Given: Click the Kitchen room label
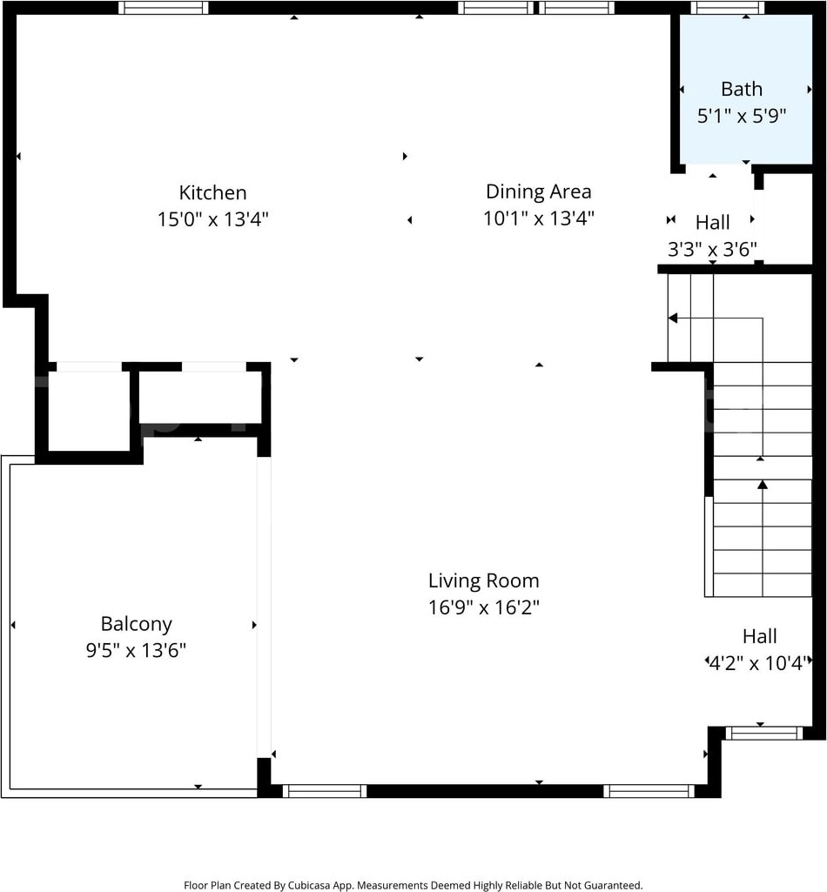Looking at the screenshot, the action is (x=213, y=193).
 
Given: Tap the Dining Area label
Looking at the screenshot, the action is (x=539, y=191).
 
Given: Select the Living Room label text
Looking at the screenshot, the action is (x=484, y=580).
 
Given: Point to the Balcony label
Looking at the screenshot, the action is (x=137, y=624).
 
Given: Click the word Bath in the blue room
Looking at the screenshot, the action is (x=742, y=90).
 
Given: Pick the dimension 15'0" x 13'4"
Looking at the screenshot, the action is (x=213, y=219).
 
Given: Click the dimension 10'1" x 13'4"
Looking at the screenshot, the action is (x=539, y=218).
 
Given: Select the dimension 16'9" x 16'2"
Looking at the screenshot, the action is (x=484, y=607).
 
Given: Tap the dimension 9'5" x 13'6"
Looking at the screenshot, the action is (x=136, y=650).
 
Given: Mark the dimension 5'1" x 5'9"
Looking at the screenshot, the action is (x=742, y=116).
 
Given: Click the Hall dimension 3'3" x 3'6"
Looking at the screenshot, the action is (x=712, y=249).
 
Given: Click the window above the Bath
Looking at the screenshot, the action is (x=728, y=7).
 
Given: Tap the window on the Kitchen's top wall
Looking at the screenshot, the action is (x=164, y=7).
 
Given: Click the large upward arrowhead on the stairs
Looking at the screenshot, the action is (x=763, y=484).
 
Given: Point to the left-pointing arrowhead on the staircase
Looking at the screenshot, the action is (x=673, y=318).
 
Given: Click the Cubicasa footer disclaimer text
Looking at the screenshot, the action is (x=413, y=885).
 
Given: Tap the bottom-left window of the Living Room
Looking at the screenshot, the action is (x=325, y=791).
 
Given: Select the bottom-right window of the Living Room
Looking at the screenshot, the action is (x=649, y=791).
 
